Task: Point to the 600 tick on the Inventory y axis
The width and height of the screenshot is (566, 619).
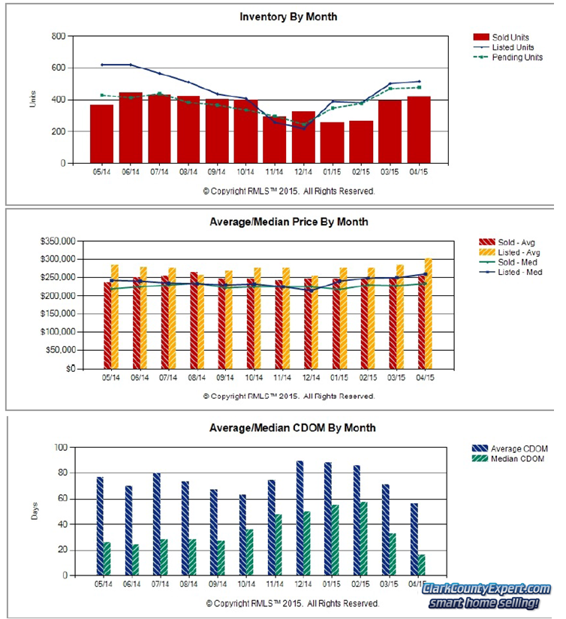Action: coord(56,68)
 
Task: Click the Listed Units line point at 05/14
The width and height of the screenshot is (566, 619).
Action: coord(102,65)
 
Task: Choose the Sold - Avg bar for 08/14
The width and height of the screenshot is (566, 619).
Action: coord(194,321)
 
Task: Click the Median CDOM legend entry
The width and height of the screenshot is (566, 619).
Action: coord(517,458)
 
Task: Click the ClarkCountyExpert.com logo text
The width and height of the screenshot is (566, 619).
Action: coord(486,589)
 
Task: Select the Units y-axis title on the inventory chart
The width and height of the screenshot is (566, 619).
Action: coord(32,100)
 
